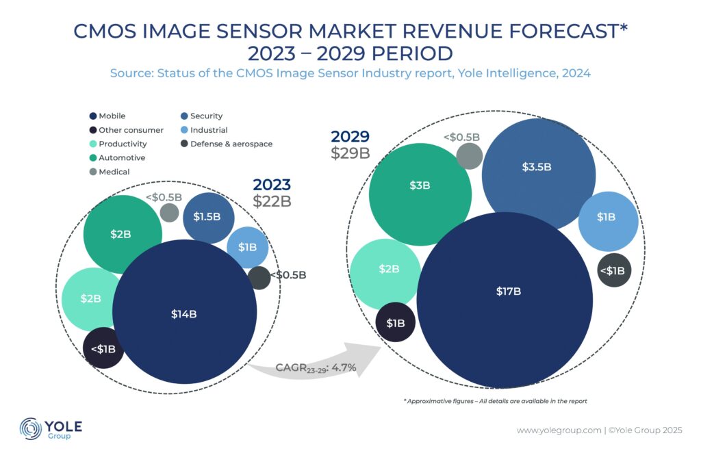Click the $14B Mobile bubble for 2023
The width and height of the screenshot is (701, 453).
click(183, 313)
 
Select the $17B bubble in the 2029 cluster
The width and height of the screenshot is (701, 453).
click(508, 291)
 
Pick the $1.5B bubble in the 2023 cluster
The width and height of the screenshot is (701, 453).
click(208, 217)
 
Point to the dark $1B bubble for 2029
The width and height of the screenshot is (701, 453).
click(396, 322)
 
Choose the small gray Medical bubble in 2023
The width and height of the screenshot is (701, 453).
click(169, 212)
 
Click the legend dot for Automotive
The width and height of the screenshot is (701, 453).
click(93, 158)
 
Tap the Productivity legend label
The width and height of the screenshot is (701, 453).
click(123, 144)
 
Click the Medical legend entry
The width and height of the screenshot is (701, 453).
click(113, 172)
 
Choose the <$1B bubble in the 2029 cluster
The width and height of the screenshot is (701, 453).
click(611, 270)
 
